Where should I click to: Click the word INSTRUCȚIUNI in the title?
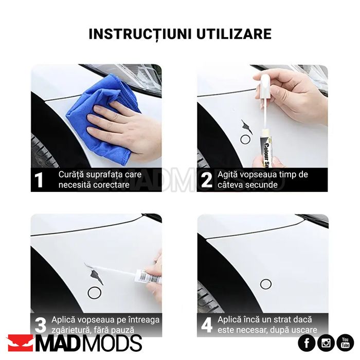click(134, 34)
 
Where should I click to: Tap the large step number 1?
click(39, 181)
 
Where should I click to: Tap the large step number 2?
click(206, 181)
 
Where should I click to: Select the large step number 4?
click(206, 326)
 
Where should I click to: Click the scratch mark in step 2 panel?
click(247, 126)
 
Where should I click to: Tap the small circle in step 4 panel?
click(265, 284)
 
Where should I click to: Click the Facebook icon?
click(307, 343)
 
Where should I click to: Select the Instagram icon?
click(326, 343)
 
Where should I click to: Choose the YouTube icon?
click(345, 343)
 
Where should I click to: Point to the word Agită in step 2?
click(227, 175)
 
